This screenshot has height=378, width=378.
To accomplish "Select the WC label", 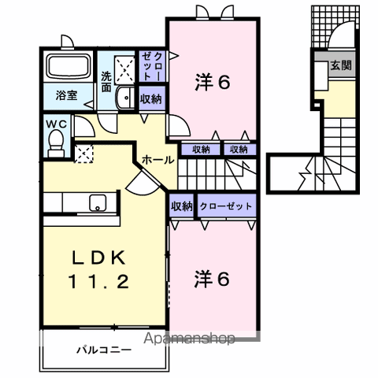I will click(54, 124).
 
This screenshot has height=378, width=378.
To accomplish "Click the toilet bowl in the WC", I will click(54, 143).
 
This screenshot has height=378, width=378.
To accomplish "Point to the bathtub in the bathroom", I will click(65, 69).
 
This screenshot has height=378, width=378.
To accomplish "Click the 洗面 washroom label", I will click(107, 82).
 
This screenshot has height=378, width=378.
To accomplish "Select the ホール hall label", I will click(157, 160).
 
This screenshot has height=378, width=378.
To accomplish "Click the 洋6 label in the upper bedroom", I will click(212, 81).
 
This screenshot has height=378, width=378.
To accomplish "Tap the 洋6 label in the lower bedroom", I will click(212, 278).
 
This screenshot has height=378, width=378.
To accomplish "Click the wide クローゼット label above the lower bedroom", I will click(226, 206).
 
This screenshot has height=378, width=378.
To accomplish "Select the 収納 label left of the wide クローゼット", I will click(181, 206).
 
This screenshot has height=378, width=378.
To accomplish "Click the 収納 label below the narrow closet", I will click(151, 99).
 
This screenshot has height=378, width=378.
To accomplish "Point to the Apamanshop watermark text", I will click(188, 339).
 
